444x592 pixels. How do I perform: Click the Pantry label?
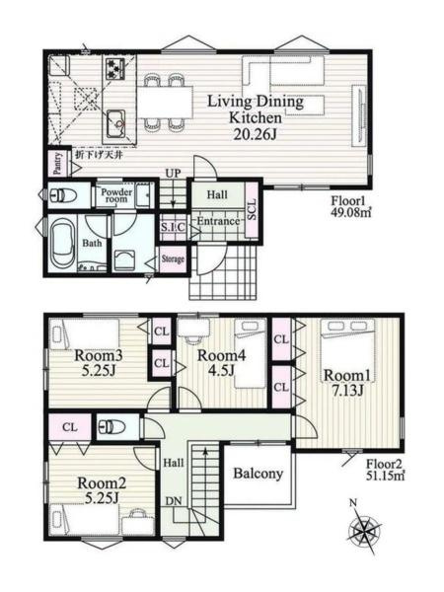[57, 164]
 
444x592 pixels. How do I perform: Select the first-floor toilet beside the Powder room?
[63, 195]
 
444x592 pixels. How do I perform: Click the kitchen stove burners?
[115, 68]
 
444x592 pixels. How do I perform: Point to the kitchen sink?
[115, 124]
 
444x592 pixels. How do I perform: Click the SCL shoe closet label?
[252, 209]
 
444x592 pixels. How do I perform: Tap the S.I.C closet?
[173, 227]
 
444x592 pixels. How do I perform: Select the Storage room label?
[173, 259]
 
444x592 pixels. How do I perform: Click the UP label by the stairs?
[173, 174]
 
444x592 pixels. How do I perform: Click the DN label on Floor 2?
[174, 501]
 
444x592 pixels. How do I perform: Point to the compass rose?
[364, 529]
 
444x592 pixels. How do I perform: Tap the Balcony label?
[259, 473]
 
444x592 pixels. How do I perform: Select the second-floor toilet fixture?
[111, 427]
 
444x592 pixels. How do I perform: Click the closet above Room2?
[70, 427]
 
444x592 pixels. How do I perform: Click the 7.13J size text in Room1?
[347, 391]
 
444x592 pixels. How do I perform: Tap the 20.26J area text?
[255, 134]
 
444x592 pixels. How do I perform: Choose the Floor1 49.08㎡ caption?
[351, 207]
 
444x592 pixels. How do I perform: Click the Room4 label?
[222, 355]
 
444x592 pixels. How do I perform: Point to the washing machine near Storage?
[124, 260]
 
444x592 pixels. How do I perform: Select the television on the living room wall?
[358, 115]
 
